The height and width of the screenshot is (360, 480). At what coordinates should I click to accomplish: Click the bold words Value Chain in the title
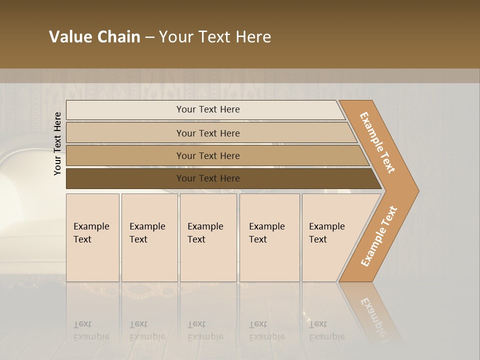[x=94, y=37]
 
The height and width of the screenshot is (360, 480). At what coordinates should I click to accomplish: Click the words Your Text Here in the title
[x=215, y=37]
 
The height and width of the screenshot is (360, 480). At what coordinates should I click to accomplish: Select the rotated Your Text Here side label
[x=57, y=143]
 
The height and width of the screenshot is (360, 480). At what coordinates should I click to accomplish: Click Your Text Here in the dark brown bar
[x=208, y=178]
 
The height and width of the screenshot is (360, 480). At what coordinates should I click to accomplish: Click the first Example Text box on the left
[x=92, y=237]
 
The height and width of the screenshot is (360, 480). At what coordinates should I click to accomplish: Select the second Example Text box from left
[x=149, y=237]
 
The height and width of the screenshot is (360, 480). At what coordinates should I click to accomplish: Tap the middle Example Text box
[x=208, y=237]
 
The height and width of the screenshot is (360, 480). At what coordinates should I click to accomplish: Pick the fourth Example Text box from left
[x=269, y=237]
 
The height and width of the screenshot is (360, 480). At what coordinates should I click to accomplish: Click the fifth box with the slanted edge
[x=330, y=237]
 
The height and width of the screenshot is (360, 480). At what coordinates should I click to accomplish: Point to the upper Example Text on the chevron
[x=377, y=142]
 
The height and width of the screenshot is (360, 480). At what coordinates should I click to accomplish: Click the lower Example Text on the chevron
[x=379, y=236]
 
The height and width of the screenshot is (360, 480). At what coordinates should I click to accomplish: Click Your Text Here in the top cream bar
[x=208, y=109]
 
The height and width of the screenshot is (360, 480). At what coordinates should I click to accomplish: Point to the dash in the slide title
[x=149, y=37]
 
